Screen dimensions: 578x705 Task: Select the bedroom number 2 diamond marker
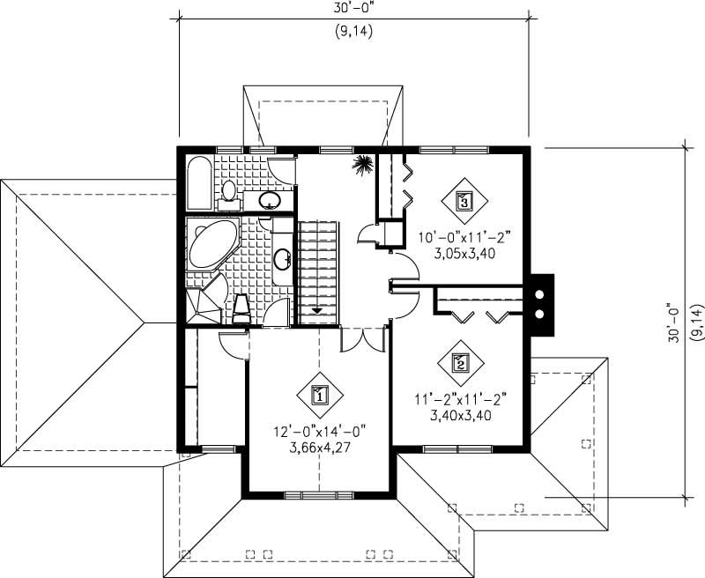[459, 360]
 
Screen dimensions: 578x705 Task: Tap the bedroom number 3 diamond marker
[465, 200]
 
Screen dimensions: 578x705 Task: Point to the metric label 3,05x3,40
[466, 252]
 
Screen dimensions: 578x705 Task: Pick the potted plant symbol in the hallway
[361, 164]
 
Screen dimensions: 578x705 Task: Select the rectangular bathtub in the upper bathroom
[199, 183]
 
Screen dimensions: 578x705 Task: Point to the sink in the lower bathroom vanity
[283, 259]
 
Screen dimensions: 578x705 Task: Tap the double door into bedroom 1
[362, 338]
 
